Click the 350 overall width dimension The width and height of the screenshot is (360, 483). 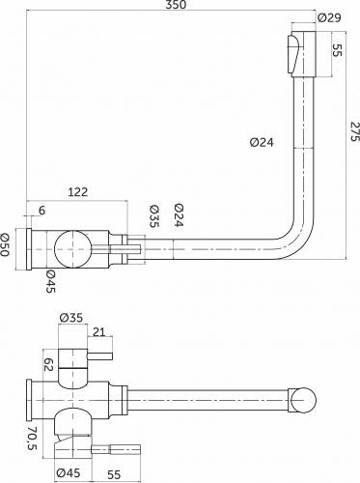tap(177, 5)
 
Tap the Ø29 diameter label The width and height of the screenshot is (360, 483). tap(329, 17)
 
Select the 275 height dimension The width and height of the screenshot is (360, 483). tap(353, 131)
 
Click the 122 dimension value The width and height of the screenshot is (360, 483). tap(78, 192)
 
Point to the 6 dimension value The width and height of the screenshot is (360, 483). tap(42, 211)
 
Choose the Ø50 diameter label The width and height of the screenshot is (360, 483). tap(6, 244)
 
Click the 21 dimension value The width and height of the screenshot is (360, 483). tap(99, 331)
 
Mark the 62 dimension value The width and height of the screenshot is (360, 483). tap(48, 364)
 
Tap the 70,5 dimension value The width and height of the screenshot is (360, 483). tap(33, 439)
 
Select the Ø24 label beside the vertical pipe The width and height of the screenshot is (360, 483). tap(262, 142)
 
